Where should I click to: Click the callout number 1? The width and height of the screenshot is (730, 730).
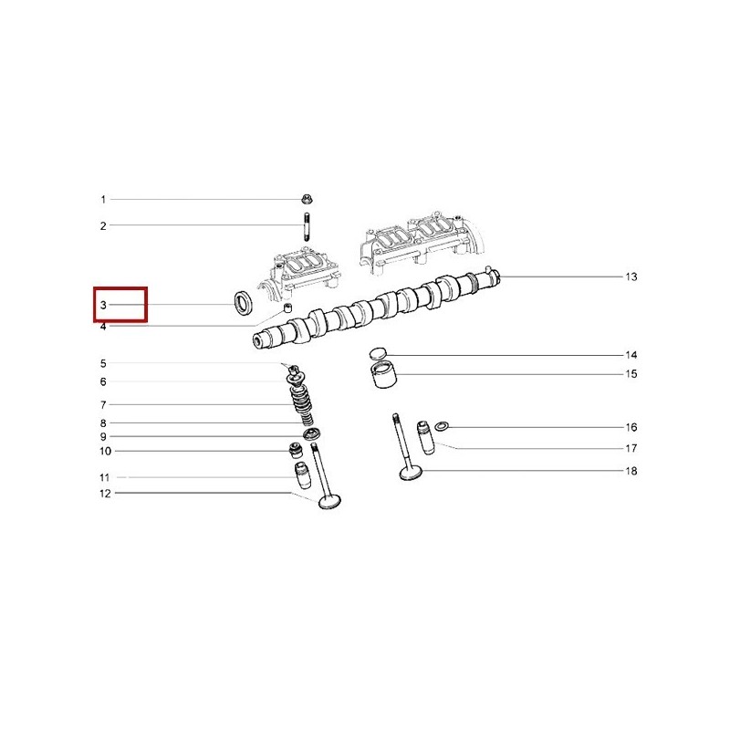pos(103,200)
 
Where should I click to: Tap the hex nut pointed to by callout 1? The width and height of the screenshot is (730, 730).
pos(307,200)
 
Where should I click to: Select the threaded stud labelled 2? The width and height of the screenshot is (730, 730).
pos(307,226)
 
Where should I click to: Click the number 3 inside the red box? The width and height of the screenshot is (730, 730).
pos(103,305)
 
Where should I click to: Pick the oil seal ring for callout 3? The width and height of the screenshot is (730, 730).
pos(243,303)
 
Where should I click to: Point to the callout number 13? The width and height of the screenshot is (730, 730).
pos(631,277)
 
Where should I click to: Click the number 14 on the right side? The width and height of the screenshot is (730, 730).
pos(631,355)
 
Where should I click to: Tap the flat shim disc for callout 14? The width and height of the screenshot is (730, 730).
pos(378,354)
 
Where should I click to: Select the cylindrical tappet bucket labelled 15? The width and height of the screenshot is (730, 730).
pos(383,374)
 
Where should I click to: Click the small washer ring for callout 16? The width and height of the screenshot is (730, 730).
pos(442,426)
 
